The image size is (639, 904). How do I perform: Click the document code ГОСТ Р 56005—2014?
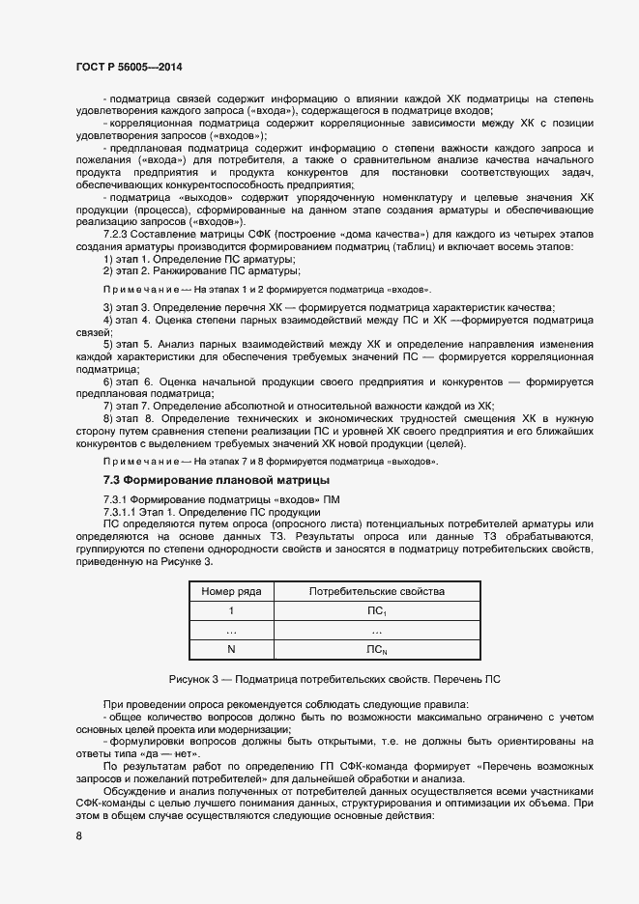(129, 67)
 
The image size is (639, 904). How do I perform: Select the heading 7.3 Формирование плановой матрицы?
(216, 480)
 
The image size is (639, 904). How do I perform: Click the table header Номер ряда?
(231, 591)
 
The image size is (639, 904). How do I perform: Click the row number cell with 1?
(231, 610)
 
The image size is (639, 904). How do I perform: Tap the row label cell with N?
(231, 649)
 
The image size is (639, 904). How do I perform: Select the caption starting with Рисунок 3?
(334, 679)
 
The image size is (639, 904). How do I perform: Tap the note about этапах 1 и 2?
(267, 290)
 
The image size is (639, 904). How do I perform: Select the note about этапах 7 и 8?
(270, 462)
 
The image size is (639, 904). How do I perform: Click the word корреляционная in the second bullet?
(156, 125)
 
